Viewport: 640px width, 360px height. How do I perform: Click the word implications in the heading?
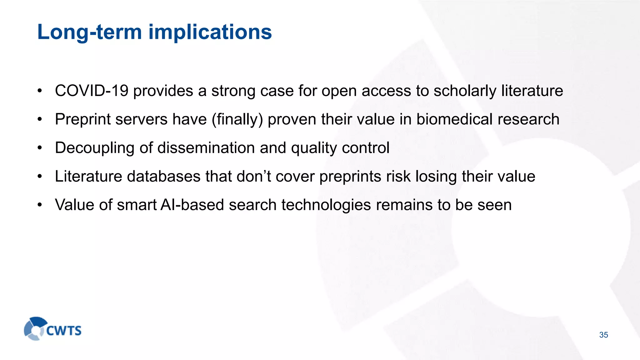(210, 32)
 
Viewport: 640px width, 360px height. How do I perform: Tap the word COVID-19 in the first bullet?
(92, 91)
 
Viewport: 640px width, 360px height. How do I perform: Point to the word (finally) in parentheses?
(237, 120)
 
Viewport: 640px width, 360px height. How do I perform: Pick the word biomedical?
(454, 119)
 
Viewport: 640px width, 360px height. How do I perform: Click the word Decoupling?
(95, 148)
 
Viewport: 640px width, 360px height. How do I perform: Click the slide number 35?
(603, 335)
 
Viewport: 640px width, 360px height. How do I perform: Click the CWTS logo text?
(64, 331)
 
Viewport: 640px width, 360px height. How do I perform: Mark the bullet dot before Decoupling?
(39, 148)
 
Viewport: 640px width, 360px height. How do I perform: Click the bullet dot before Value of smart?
(39, 205)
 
